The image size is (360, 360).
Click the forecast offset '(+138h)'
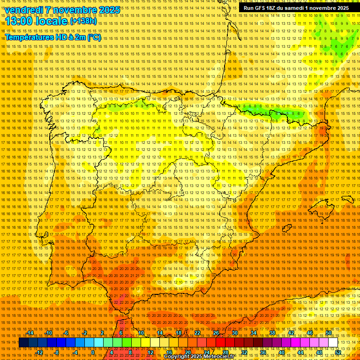click(83, 21)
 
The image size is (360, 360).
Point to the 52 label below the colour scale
click(338, 352)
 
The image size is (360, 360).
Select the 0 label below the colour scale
click(93, 352)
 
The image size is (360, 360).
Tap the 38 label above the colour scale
click(272, 333)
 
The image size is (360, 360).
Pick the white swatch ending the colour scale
click(333, 343)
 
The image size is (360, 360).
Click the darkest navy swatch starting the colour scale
click(23, 343)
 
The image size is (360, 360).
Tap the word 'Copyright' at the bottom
click(177, 357)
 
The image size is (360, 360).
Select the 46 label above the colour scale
click(309, 333)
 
